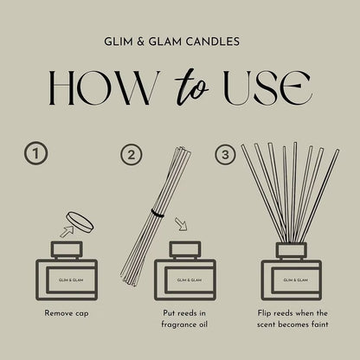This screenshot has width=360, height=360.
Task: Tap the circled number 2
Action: click(132, 155)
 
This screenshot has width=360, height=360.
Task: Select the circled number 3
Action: click(225, 154)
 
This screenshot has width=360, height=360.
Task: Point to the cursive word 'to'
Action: click(191, 87)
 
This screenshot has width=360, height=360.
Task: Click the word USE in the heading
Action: click(268, 87)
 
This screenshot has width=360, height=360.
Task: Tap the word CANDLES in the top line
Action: click(213, 42)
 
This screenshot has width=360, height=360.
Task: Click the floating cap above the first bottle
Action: click(80, 222)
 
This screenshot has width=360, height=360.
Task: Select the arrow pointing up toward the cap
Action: click(67, 231)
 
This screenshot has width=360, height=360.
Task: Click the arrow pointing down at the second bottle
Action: click(181, 224)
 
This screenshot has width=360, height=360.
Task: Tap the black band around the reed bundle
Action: click(157, 213)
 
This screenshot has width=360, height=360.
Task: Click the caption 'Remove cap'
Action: click(67, 313)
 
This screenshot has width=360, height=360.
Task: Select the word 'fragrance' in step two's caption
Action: click(175, 325)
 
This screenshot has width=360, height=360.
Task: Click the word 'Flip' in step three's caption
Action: click(264, 313)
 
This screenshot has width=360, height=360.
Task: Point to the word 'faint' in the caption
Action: click(319, 325)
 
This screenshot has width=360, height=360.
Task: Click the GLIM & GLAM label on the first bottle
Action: click(71, 280)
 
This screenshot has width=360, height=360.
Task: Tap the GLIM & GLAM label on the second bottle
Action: click(190, 280)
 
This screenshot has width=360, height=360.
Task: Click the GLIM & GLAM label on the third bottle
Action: click(296, 280)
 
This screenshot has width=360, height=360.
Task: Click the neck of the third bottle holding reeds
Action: click(292, 251)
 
